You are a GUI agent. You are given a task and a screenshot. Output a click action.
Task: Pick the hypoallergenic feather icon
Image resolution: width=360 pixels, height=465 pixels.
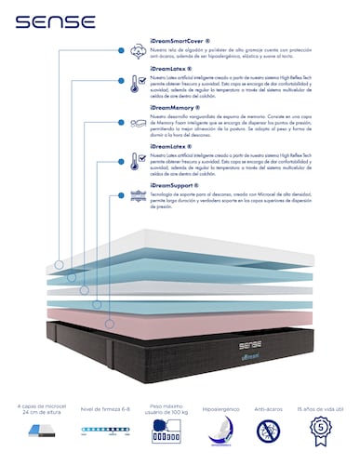point(221,434)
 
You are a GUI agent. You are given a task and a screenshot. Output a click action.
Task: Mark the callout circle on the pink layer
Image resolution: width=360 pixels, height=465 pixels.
point(109,324)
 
